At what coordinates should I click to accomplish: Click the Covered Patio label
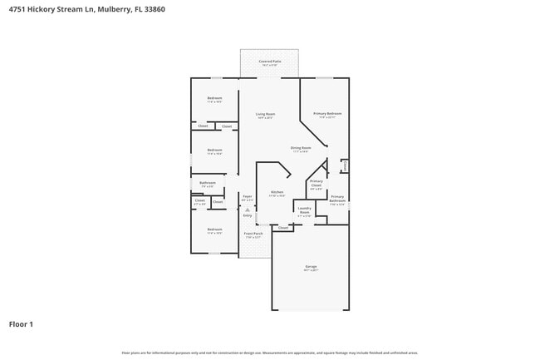coord(269,62)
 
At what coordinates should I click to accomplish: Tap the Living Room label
coord(265,114)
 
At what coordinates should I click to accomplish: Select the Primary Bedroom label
coord(327,113)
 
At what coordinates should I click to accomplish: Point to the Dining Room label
coord(300,148)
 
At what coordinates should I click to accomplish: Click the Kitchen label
coord(277,193)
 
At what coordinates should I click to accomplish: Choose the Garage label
coord(310,267)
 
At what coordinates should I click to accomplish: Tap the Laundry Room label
coord(304,210)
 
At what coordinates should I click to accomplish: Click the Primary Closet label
coord(316,183)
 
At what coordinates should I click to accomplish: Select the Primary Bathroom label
coord(337,200)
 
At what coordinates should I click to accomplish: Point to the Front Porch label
coord(253,234)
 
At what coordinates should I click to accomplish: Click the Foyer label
coord(247,198)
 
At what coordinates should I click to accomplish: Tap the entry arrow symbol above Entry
coord(247,210)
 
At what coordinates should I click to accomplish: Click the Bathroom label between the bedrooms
coord(208,183)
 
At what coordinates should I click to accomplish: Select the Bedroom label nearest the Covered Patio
coord(214,98)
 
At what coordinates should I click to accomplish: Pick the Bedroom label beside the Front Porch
coord(214,229)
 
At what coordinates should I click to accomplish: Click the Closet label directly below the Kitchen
coord(282,227)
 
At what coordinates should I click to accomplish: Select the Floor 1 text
coord(21,323)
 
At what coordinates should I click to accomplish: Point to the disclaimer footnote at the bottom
coord(269,353)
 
